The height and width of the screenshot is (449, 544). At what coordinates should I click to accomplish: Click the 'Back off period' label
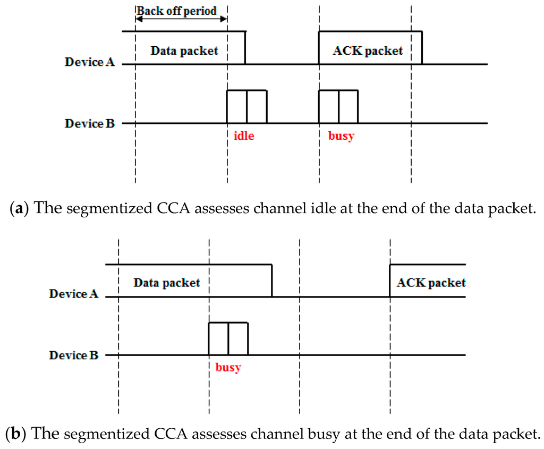(177, 11)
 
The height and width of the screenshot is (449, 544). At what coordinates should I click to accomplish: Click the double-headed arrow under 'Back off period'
(181, 19)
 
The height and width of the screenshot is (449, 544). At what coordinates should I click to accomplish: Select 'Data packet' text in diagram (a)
(184, 51)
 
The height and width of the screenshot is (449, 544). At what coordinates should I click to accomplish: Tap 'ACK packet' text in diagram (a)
(368, 51)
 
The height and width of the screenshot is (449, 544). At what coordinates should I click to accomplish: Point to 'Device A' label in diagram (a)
(90, 62)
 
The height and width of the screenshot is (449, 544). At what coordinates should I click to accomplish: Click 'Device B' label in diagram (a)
(90, 123)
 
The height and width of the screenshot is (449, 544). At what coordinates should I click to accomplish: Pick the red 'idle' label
(244, 135)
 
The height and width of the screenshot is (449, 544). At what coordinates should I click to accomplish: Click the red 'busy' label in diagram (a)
(341, 135)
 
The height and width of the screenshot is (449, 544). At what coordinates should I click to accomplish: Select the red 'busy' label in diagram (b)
(228, 367)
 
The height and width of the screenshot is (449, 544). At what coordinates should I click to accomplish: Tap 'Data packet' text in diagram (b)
(167, 283)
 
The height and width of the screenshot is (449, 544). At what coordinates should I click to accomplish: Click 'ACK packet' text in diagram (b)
(431, 283)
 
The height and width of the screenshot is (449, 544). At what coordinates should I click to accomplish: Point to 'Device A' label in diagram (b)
(74, 294)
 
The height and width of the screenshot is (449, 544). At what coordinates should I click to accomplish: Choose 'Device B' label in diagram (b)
(74, 355)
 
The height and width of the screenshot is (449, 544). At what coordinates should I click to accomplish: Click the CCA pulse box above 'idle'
(246, 107)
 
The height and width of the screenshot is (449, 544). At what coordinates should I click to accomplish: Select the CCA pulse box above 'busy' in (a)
(338, 107)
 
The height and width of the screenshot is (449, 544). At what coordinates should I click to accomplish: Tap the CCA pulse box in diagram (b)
(228, 338)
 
